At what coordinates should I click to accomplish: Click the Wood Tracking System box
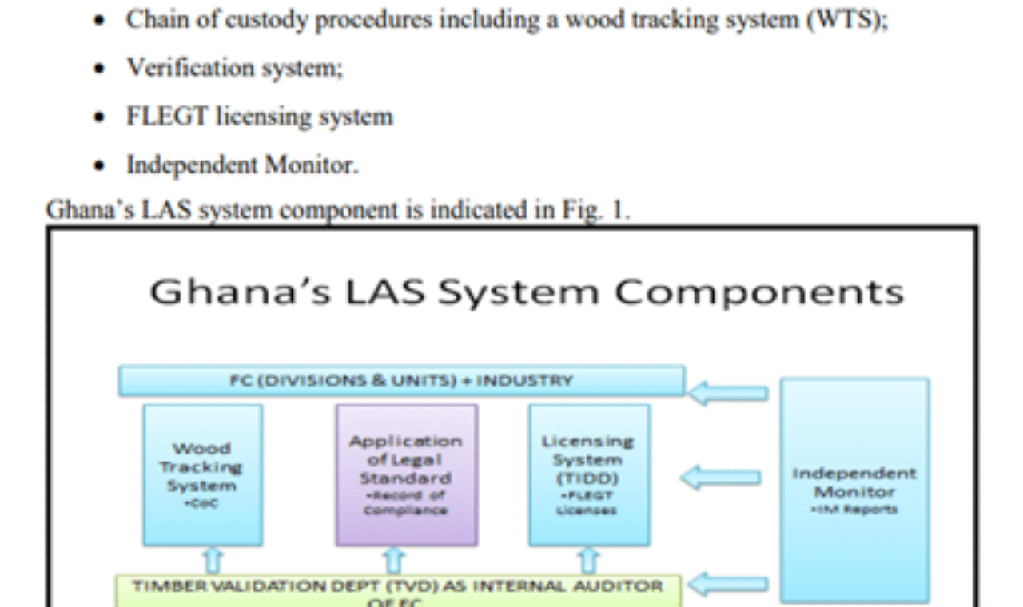pos(202,474)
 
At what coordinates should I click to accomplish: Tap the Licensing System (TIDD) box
pos(589,474)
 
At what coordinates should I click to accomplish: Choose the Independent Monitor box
pos(854,489)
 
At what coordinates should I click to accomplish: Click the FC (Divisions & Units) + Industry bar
pos(401,381)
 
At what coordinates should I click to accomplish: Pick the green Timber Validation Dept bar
pos(397,590)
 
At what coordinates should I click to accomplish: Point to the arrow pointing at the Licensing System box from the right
pos(723,478)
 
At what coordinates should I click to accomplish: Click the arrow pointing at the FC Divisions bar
pos(730,392)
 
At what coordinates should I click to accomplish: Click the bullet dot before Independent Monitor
pos(99,165)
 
